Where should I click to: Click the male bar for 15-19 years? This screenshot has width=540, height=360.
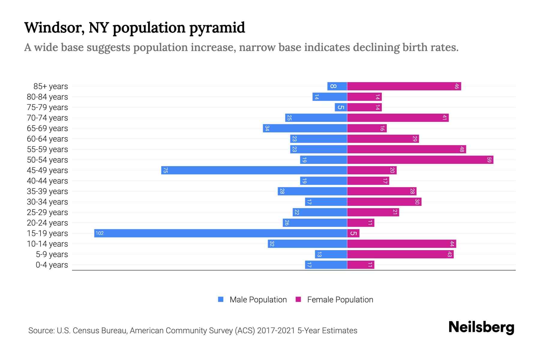tap(220, 233)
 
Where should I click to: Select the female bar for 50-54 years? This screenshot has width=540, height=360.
tap(420, 160)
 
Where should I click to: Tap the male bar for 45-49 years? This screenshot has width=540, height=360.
tap(254, 170)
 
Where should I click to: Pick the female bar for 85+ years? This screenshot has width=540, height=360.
tap(404, 86)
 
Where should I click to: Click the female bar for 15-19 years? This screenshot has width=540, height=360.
tap(353, 233)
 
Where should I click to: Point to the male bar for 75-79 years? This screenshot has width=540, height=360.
tap(341, 107)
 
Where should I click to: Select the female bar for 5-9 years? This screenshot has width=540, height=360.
tap(400, 254)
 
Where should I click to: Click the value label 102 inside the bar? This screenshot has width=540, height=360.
tap(100, 233)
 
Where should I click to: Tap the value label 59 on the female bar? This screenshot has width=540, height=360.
tap(489, 160)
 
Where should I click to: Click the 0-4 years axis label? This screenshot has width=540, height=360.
tap(52, 265)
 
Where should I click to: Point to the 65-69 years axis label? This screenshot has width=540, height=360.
tap(47, 128)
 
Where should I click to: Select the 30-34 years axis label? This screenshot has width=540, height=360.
tap(47, 202)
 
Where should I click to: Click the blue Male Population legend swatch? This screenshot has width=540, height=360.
tap(221, 299)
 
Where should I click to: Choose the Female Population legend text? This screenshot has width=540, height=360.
tap(340, 300)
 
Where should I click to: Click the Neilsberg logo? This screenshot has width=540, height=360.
tap(481, 327)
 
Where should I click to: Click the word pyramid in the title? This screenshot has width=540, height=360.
tap(217, 28)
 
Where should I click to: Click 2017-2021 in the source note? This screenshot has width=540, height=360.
tap(276, 331)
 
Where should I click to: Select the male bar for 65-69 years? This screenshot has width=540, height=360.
tap(305, 128)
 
